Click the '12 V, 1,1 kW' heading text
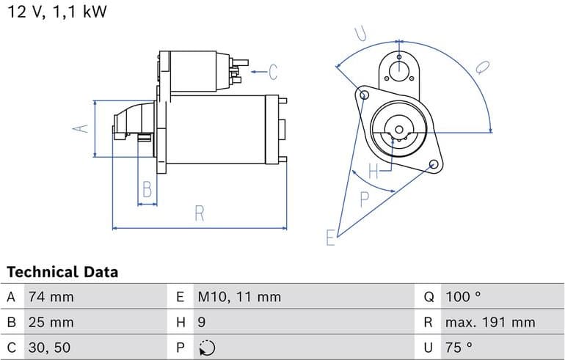pos(56,12)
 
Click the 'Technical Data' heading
pos(62,272)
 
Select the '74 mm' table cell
pos(51,298)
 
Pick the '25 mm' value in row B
pos(51,323)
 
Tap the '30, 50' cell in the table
pos(50,348)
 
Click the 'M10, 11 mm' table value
pos(239,298)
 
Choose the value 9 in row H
pos(202,323)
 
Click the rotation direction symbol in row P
pos(207,348)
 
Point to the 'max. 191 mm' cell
pos(489,323)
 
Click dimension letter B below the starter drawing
pos(147,190)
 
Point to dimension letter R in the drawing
pos(199,213)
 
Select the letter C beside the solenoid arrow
pos(272,72)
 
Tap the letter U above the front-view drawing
pos(360,34)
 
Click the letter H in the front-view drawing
pos(373,172)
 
